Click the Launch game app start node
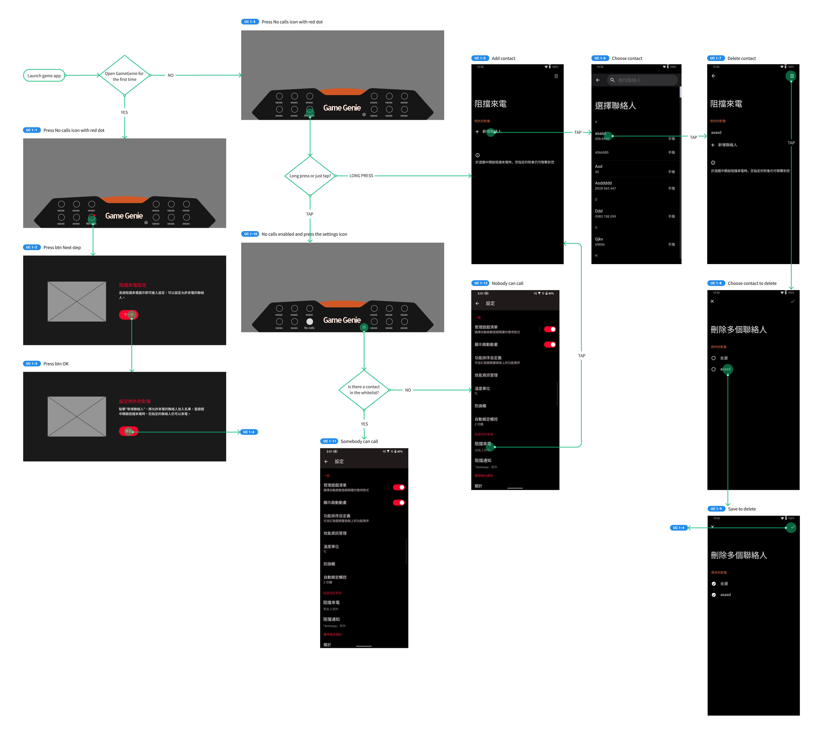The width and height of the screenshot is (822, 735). pos(44,75)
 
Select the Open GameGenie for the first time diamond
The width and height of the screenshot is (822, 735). pos(124,76)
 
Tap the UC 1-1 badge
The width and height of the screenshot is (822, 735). pos(31,130)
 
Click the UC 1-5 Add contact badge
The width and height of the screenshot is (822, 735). pos(480,58)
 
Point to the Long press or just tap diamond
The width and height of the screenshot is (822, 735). pos(310,176)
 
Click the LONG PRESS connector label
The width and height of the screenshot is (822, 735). pos(361,176)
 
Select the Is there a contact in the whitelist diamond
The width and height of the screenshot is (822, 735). pos(364,390)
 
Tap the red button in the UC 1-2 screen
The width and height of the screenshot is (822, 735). pos(128,315)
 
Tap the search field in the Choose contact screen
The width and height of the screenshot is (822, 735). pos(642,80)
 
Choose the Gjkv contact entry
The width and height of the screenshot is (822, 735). pos(599,239)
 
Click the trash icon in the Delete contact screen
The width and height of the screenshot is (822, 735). pos(792,76)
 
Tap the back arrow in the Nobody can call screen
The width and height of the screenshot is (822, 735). pos(477,303)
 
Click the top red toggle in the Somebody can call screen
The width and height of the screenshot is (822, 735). pos(399,487)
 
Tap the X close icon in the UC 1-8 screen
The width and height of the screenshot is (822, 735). pos(712,301)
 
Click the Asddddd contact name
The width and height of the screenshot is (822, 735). pos(603,183)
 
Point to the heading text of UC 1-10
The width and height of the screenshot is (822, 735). pos(304,234)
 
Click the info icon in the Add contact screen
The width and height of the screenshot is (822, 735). pos(477,155)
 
